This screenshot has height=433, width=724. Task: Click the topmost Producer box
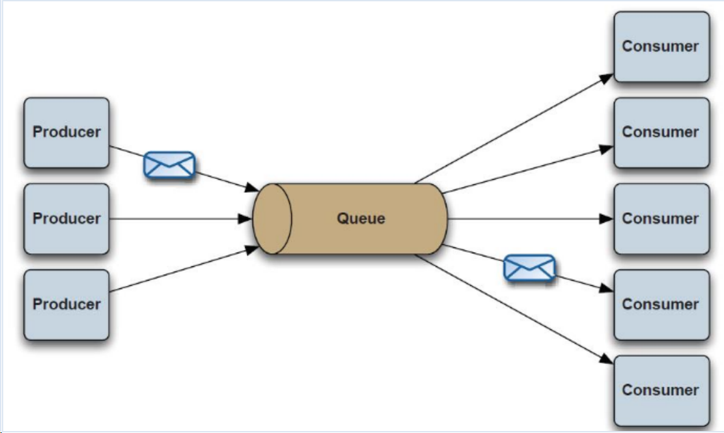coord(66,133)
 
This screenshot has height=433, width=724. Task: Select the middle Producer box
coord(66,219)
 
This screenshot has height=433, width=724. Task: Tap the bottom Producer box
coord(66,305)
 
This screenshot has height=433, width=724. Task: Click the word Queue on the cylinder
coord(361,219)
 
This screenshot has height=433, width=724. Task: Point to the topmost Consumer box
coord(661,47)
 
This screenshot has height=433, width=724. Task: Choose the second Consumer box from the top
coord(661,133)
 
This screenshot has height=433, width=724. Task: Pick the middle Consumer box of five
coord(661,219)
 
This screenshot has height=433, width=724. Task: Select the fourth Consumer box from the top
coord(661,305)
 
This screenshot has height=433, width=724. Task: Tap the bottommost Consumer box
coord(661,391)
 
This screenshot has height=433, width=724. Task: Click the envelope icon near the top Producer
coord(169,165)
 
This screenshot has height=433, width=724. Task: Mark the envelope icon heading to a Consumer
coord(530,268)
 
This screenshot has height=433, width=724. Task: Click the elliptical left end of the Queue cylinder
coord(272,219)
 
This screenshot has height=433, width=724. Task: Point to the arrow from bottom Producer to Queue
coord(182,271)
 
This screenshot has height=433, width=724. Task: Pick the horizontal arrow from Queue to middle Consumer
coord(527,219)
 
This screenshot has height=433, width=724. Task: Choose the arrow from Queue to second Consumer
coord(527,171)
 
